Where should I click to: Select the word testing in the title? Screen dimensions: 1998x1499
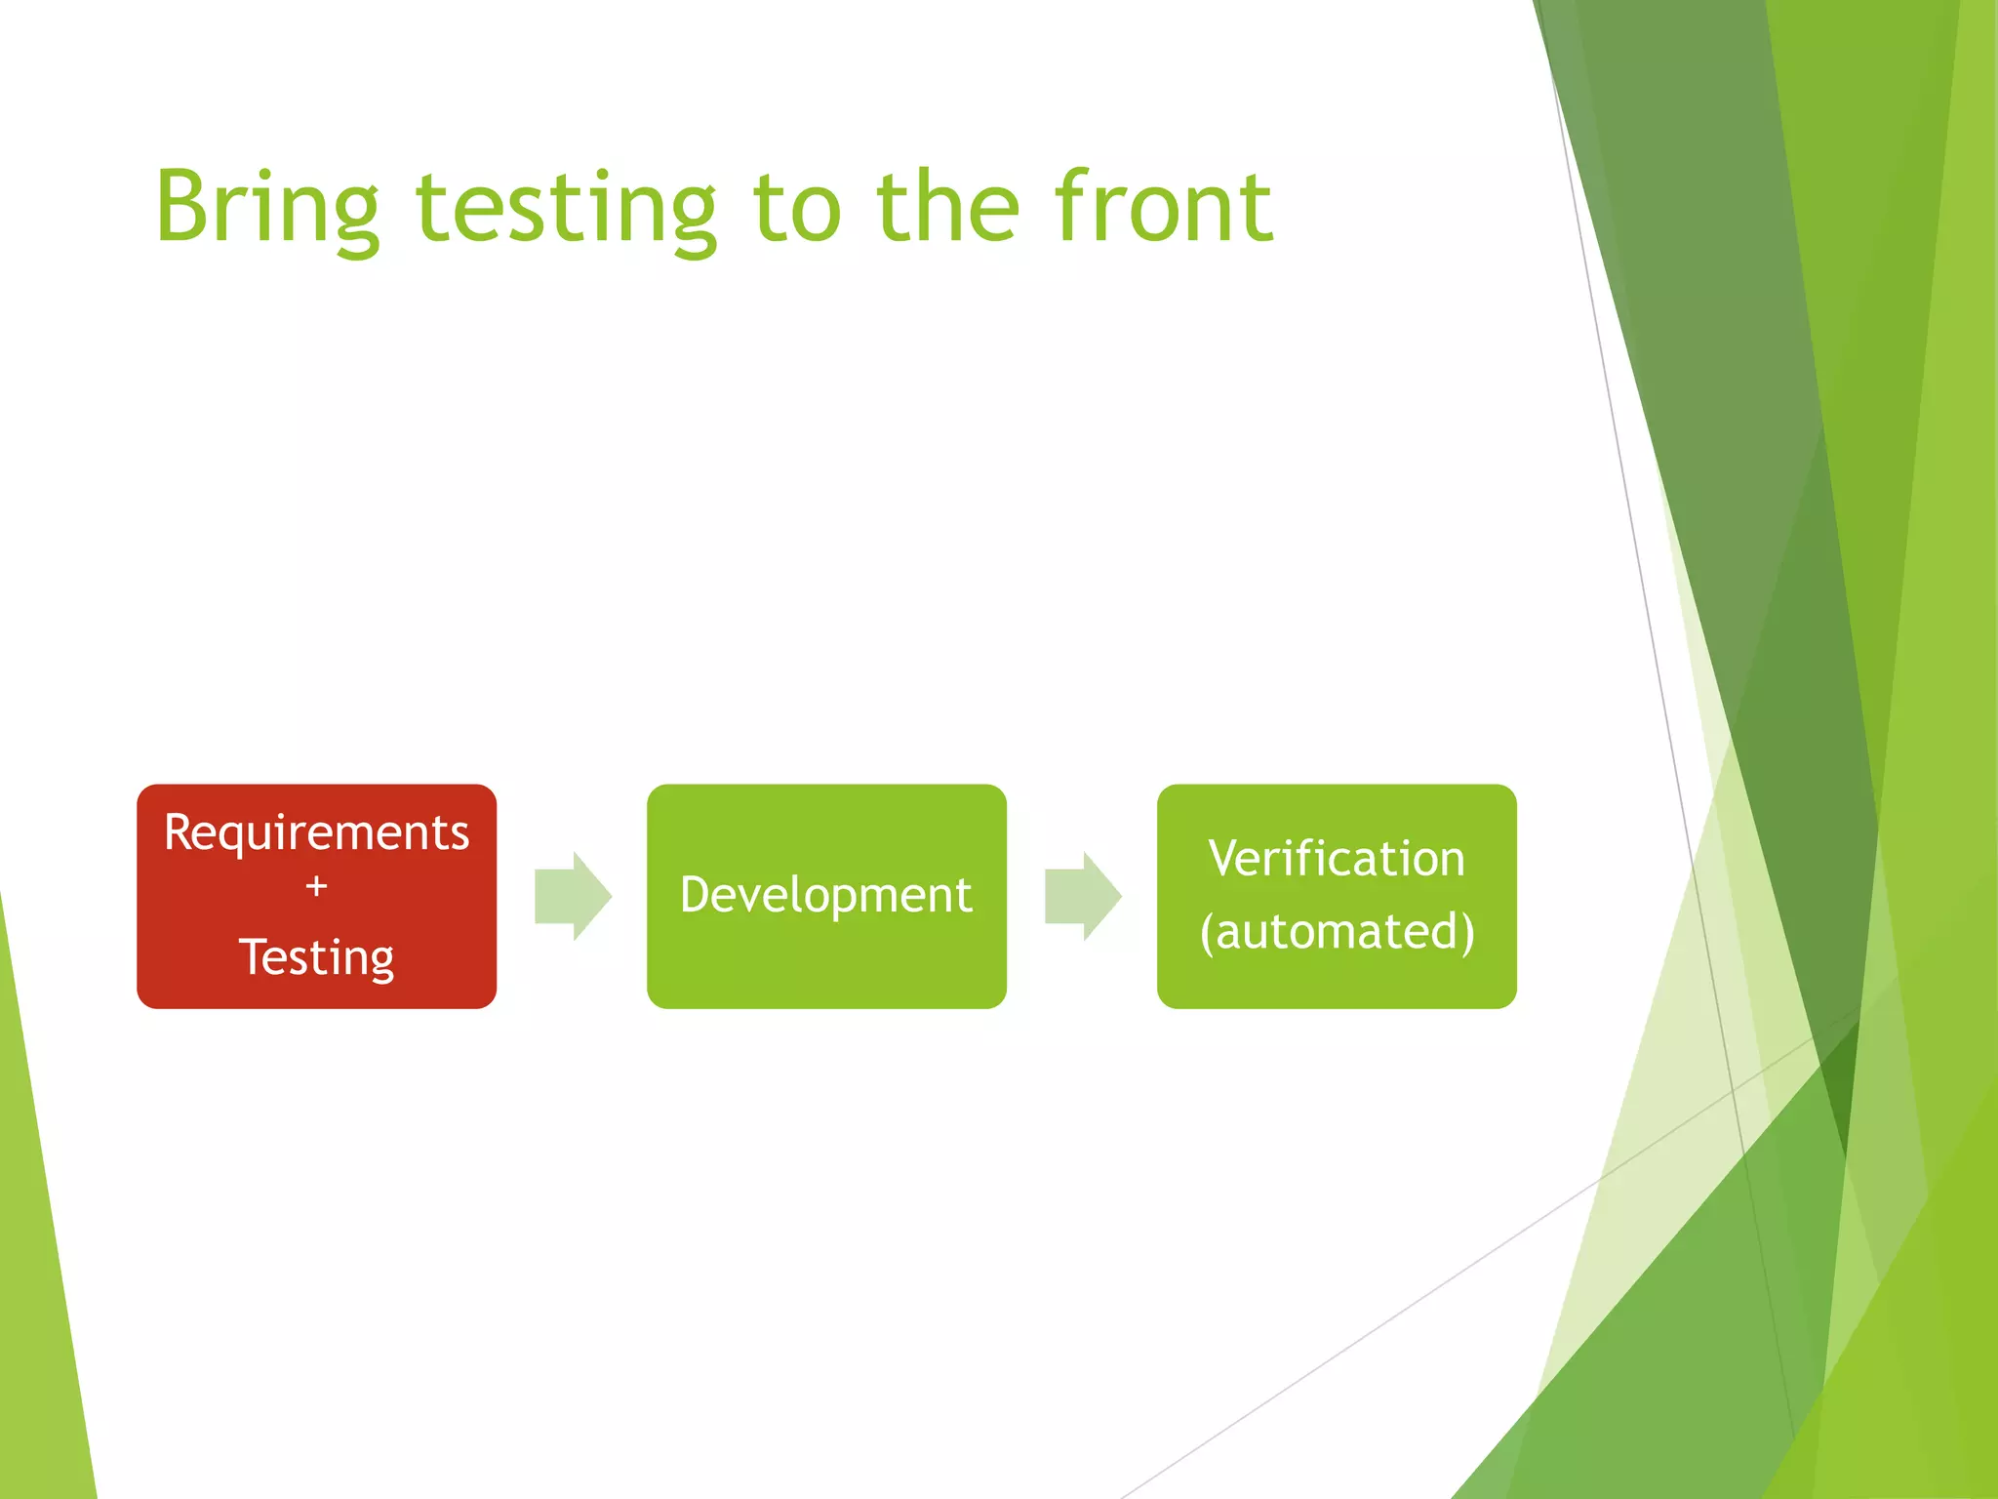[566, 207]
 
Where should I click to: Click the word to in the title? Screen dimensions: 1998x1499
[796, 207]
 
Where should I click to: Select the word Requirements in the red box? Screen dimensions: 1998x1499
[316, 833]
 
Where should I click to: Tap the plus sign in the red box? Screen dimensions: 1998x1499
[316, 886]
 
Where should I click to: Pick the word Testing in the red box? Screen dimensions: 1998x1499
[316, 957]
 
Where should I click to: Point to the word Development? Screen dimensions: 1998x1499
[826, 895]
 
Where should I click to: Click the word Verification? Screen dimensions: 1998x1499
[1337, 859]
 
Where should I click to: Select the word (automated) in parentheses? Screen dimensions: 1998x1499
[1337, 932]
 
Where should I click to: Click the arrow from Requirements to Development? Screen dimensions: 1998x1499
[574, 896]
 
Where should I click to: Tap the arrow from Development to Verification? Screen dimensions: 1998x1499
[1084, 896]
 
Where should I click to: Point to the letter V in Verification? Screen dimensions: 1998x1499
[1223, 858]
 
